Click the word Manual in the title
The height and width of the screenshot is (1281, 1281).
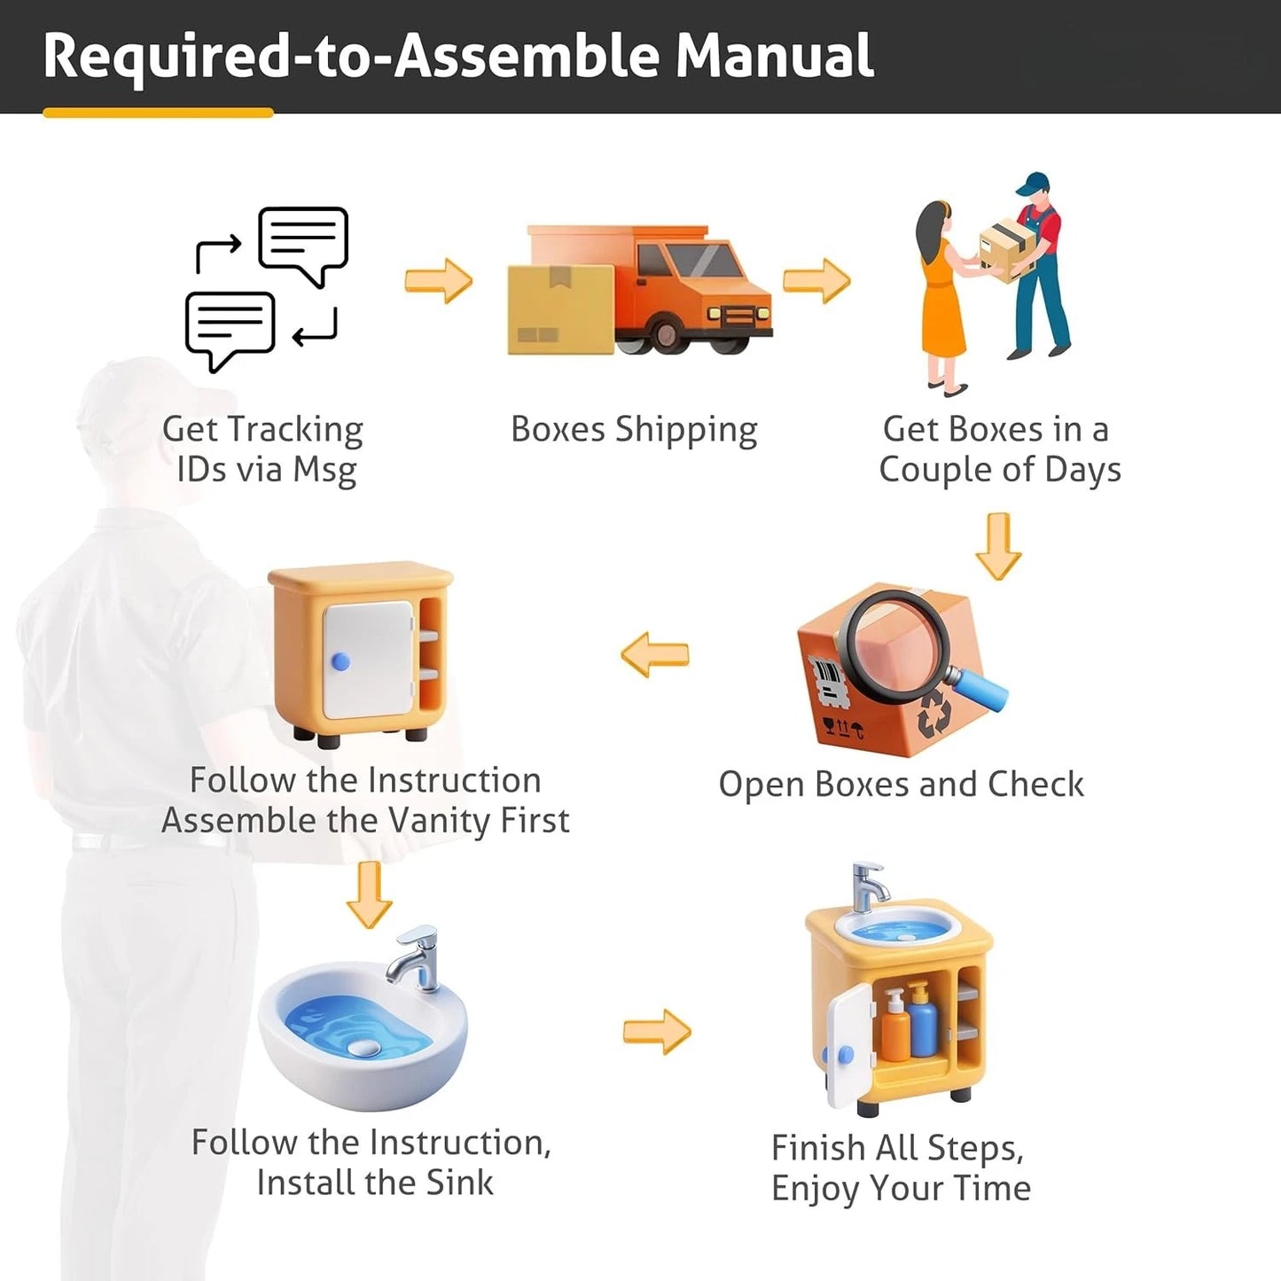point(774,56)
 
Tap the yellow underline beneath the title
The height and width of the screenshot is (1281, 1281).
point(158,113)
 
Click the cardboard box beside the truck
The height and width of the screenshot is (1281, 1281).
point(560,309)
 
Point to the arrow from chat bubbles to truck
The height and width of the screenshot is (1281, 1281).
point(439,281)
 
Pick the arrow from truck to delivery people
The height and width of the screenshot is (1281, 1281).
point(817,281)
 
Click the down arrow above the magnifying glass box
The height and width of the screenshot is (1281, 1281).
point(998,546)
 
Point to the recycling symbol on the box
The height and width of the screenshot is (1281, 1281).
point(934,714)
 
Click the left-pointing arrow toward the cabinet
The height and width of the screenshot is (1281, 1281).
point(655,654)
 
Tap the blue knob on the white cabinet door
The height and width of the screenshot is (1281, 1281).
point(340,661)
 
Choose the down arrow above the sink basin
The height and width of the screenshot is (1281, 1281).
point(370,895)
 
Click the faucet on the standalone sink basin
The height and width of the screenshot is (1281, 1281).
point(417,957)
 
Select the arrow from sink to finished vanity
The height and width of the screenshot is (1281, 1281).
point(658,1032)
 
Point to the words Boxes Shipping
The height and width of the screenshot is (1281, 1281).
point(634,430)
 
